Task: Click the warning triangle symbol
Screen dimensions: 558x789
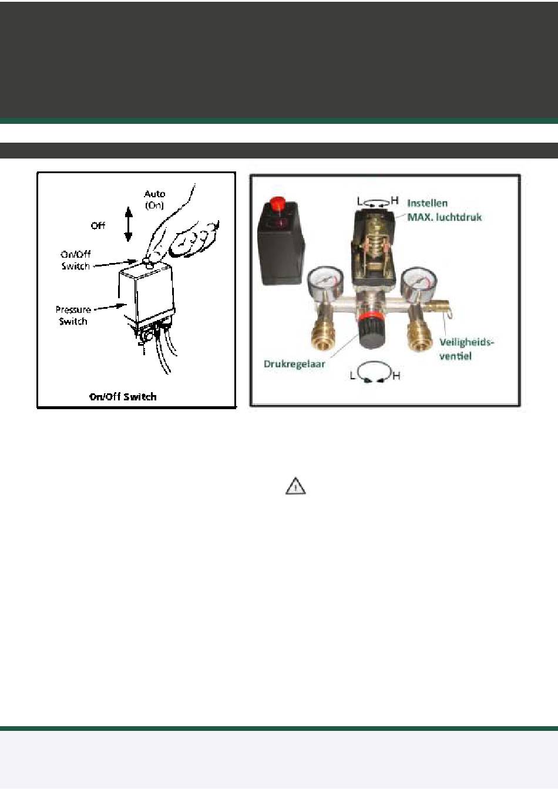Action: click(295, 486)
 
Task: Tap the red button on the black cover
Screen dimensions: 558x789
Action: click(277, 204)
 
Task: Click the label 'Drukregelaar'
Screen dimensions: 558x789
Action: click(294, 364)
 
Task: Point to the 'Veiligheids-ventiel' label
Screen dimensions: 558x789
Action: click(466, 349)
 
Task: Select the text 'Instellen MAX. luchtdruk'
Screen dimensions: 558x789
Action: click(444, 210)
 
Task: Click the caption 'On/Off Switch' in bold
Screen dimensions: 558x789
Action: click(123, 397)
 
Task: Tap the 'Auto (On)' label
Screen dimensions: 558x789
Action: click(154, 200)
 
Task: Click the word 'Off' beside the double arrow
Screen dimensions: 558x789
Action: click(98, 225)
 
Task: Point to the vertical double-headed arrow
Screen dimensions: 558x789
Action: click(129, 224)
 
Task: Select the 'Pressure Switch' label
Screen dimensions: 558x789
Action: click(73, 315)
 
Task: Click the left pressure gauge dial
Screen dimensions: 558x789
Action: click(326, 281)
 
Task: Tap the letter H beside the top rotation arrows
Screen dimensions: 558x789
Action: click(395, 200)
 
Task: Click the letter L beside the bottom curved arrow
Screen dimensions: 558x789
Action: click(352, 376)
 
